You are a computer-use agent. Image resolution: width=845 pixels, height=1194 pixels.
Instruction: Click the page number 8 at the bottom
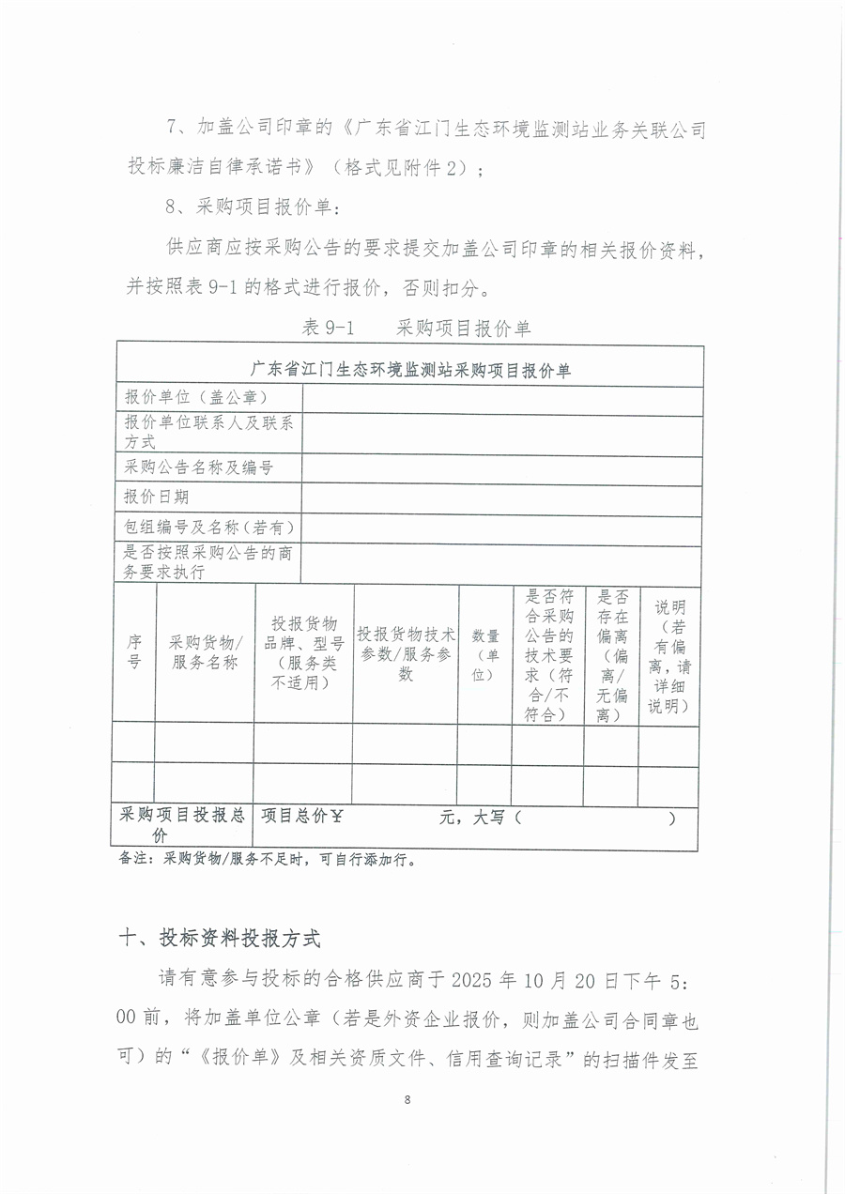coord(407,1100)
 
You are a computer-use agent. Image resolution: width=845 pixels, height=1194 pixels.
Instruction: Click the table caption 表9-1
coord(327,328)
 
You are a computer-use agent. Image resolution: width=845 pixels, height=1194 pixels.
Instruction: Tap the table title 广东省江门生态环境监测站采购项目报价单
coord(411,370)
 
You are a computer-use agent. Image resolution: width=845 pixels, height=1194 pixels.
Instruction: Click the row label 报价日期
coord(157,497)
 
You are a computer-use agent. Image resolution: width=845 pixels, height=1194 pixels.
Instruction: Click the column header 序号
coord(134,651)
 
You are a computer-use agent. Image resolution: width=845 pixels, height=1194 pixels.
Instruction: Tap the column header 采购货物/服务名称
coord(205,651)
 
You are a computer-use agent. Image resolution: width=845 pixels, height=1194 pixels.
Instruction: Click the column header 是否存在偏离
coord(611,655)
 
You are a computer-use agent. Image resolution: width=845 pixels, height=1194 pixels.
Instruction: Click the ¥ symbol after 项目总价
coord(337,817)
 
